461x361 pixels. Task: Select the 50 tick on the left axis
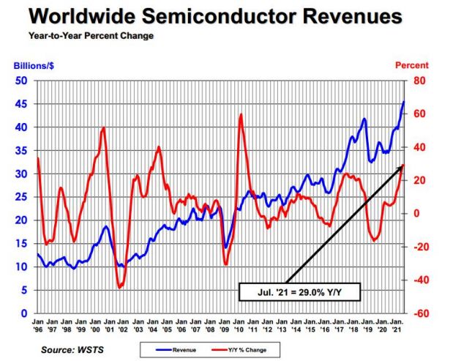[21, 81]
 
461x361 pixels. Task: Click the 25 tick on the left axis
[21, 197]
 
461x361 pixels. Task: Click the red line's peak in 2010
[241, 114]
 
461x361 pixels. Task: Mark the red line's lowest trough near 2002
[119, 287]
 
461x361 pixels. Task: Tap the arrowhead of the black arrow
[402, 167]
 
